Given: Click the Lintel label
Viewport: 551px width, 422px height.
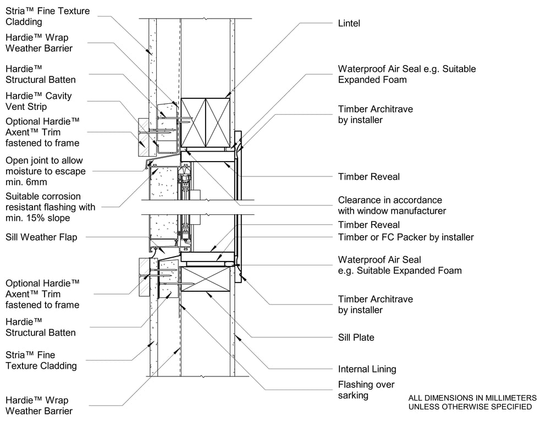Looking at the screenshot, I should coord(349,23).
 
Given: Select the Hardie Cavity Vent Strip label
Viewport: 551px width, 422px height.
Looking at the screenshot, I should coord(38,101).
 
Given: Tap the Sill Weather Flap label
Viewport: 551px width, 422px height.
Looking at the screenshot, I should coord(41,237).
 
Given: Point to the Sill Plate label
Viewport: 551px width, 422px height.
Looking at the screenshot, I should coord(356,337).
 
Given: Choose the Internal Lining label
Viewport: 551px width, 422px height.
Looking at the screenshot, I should coord(367,369).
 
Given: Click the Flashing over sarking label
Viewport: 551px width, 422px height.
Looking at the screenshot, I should coord(366,390).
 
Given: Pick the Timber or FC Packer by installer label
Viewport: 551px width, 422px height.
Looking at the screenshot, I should coord(406,237).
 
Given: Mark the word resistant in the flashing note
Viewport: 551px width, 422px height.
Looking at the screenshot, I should coord(23,207).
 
